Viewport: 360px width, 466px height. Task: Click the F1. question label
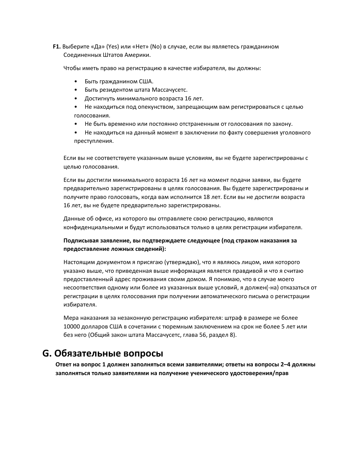click(56, 47)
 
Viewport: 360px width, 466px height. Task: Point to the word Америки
click(136, 55)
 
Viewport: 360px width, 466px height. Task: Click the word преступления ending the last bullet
click(94, 141)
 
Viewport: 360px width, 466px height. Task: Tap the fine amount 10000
click(72, 326)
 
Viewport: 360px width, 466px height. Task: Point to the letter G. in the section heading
click(47, 353)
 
